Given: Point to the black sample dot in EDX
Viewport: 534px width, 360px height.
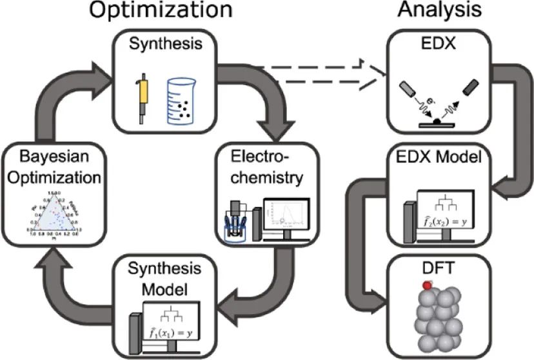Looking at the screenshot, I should (437, 121).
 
